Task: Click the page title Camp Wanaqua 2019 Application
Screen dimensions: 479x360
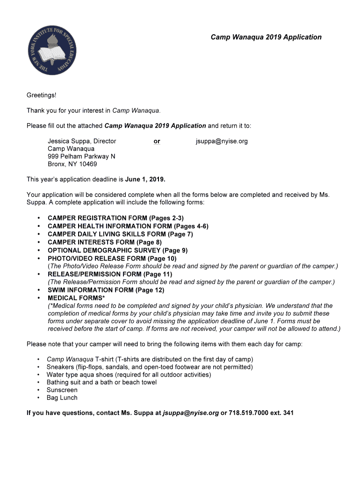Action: (266, 37)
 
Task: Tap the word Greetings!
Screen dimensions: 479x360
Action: (41, 95)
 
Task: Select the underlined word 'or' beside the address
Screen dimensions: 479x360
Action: (157, 141)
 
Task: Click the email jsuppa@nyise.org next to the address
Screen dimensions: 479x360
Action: (222, 141)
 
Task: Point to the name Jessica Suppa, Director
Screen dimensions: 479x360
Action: (82, 141)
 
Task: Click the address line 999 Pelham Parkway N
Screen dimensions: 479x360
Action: (81, 156)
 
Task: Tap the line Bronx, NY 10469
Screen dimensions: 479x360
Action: (72, 164)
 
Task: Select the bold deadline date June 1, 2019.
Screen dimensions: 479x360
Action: (145, 179)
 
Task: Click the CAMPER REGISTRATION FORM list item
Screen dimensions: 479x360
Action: (115, 218)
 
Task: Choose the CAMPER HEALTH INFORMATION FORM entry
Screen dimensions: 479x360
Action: (128, 226)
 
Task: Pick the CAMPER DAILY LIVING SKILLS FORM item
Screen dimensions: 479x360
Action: (120, 234)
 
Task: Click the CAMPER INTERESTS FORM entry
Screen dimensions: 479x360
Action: (104, 242)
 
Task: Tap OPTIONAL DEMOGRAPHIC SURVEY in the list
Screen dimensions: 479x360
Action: (117, 250)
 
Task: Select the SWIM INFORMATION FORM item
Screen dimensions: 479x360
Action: (106, 290)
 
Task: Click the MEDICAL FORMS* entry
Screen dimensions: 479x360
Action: (76, 298)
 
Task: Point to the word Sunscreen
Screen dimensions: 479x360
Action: (62, 390)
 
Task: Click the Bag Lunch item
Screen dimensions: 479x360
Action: (62, 398)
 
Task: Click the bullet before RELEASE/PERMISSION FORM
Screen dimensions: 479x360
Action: (38, 274)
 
